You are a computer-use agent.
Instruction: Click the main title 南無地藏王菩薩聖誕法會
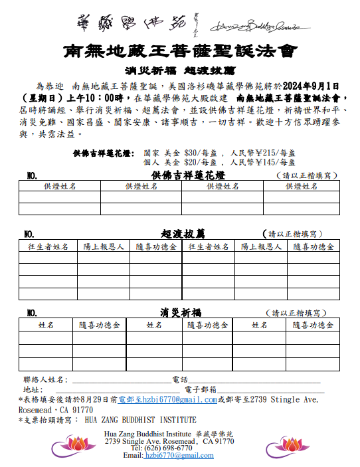179,50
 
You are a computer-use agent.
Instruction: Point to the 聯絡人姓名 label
44,379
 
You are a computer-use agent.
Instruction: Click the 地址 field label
33,389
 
